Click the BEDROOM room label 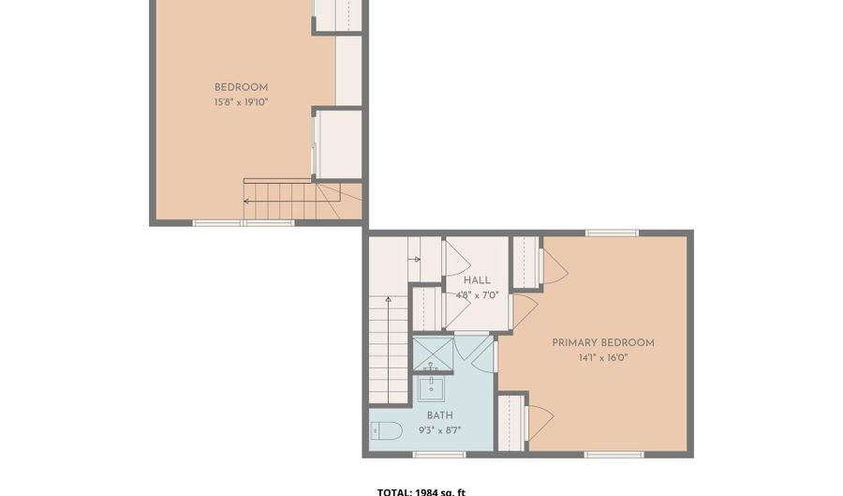coord(241,87)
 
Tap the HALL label coord(477,279)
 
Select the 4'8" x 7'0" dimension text coord(477,294)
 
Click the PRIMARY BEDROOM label coord(602,342)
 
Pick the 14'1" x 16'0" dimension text coord(602,357)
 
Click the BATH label coord(440,414)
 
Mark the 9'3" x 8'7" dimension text coord(440,429)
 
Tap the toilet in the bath coord(387,430)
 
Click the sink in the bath coord(434,384)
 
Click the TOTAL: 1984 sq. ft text coord(421,490)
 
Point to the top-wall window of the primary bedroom coord(612,233)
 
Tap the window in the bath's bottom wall coord(439,455)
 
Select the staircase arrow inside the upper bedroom coord(249,200)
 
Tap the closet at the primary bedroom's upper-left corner coord(525,262)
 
